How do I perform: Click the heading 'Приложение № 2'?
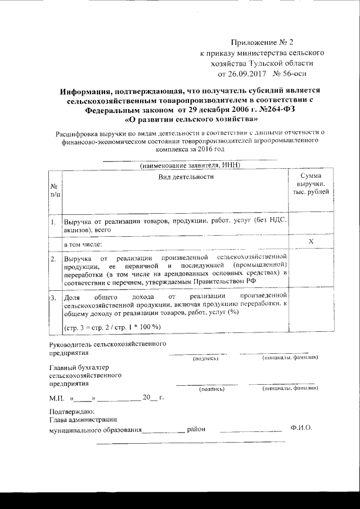[262, 42]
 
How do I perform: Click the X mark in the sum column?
[311, 241]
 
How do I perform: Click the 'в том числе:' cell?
[82, 245]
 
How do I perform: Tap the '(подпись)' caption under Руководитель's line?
[205, 358]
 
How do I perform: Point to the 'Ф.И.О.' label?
[301, 429]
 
